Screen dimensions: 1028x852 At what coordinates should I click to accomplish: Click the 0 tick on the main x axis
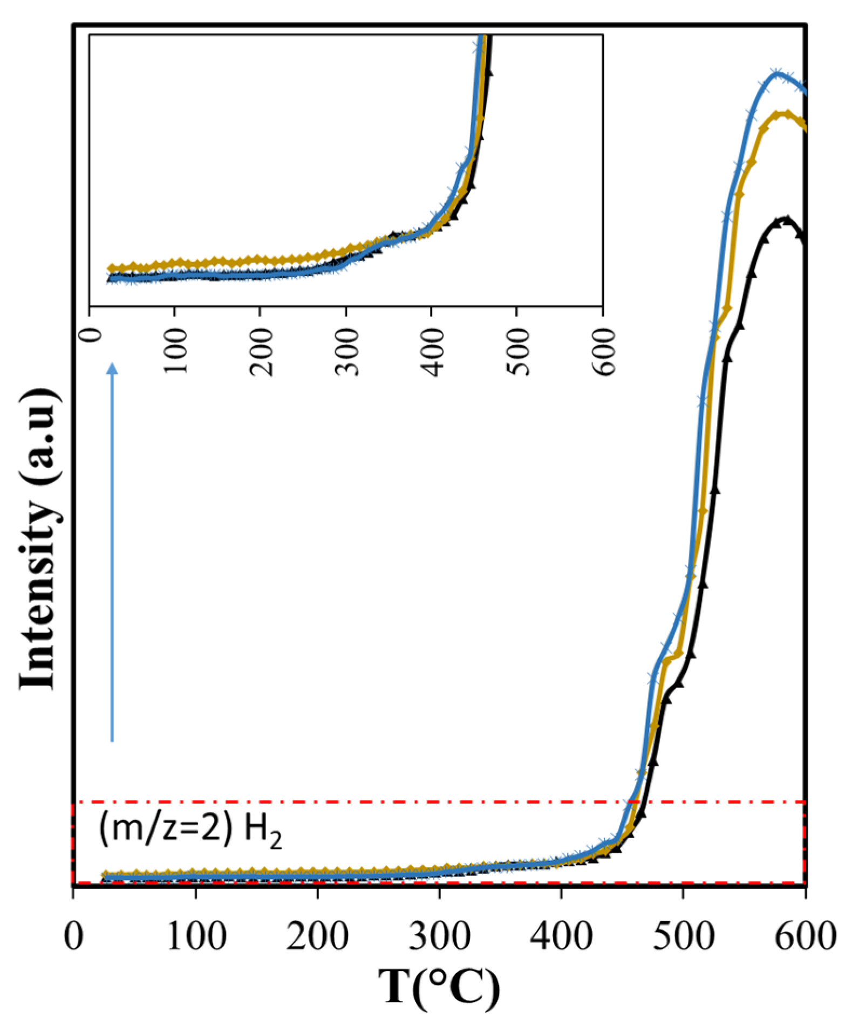click(x=73, y=936)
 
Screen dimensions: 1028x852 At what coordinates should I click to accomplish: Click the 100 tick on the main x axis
click(x=196, y=936)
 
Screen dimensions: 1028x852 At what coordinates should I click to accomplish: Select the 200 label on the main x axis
click(x=317, y=936)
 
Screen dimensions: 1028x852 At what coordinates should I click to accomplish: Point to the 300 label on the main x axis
click(x=440, y=936)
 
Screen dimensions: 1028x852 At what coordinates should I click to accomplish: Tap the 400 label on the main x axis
click(x=562, y=936)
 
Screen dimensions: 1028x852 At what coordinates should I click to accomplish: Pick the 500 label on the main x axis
click(x=684, y=936)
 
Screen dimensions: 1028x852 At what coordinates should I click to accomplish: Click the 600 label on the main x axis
click(x=805, y=936)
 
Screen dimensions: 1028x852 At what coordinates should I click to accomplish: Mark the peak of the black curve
click(x=786, y=219)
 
